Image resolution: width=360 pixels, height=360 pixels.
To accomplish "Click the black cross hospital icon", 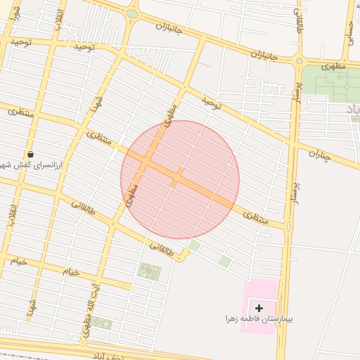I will (x=259, y=308).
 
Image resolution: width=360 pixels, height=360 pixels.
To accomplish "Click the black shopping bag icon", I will (x=30, y=154).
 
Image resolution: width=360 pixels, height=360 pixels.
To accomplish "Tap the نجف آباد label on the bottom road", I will (x=107, y=356).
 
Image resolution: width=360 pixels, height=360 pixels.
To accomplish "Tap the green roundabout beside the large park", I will (x=300, y=61).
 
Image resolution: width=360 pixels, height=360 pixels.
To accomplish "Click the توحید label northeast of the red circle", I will (x=212, y=105).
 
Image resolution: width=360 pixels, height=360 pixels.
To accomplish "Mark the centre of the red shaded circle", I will (x=180, y=179).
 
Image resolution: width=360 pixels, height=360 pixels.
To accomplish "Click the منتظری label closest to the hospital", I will (x=256, y=219).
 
